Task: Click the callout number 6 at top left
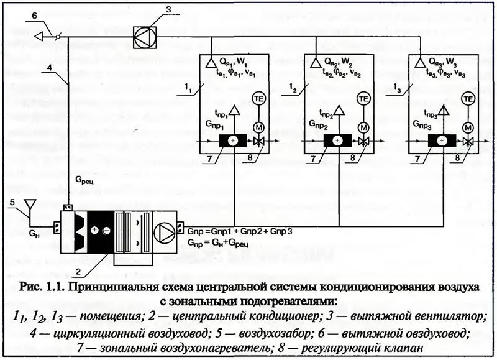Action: point(35,14)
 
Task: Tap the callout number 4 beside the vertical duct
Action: point(50,68)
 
